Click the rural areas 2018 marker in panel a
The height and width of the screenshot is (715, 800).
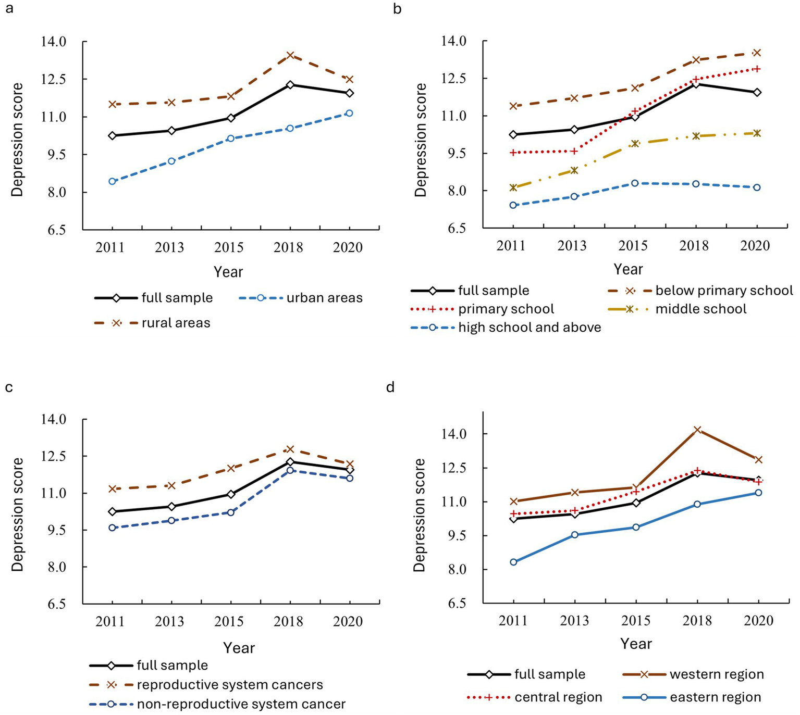tap(290, 55)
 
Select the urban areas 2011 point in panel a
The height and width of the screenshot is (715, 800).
tap(112, 181)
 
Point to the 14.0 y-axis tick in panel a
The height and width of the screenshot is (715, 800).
tap(54, 42)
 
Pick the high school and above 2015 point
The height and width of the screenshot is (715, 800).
tap(635, 183)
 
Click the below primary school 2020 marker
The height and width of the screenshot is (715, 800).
tap(757, 53)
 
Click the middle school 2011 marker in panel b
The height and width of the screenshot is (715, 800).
tap(513, 187)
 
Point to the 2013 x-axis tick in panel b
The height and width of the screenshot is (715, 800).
tap(572, 245)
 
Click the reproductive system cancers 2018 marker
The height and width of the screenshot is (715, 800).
tap(290, 449)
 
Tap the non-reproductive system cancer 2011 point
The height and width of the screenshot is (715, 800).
tap(112, 528)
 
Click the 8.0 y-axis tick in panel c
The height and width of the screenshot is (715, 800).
tap(54, 567)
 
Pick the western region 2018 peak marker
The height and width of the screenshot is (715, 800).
tap(697, 430)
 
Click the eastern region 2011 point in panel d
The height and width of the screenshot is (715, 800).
tap(514, 562)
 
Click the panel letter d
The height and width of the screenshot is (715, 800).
tap(391, 387)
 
